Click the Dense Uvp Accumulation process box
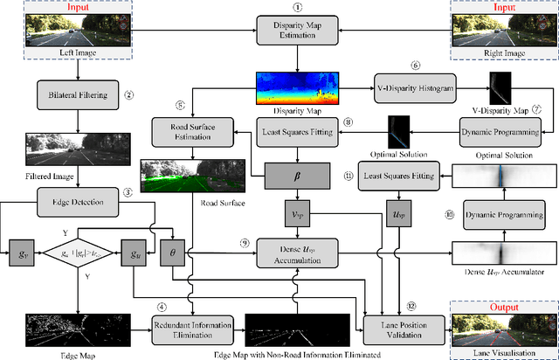[x=298, y=254]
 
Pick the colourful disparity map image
[x=298, y=88]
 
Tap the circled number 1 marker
[x=298, y=6]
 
